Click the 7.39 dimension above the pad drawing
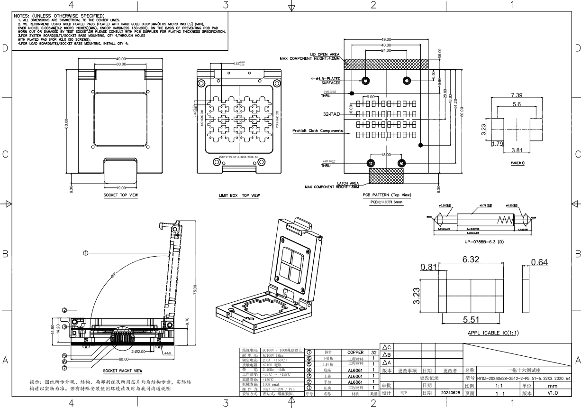(x=517, y=96)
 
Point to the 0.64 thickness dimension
(x=539, y=262)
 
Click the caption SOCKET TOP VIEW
(x=121, y=195)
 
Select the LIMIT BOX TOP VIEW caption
(x=239, y=195)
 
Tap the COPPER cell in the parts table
(x=355, y=352)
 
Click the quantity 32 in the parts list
(x=374, y=352)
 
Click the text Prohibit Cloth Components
(x=318, y=130)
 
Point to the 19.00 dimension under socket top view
(x=121, y=188)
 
